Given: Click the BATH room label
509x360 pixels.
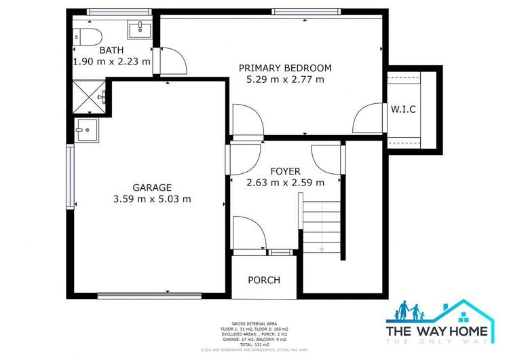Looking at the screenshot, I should point(111,50).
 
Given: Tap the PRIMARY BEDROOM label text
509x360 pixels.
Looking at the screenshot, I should point(285,68).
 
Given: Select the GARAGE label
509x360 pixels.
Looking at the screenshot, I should point(152,187).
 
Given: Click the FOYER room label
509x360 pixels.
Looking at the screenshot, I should point(285,171).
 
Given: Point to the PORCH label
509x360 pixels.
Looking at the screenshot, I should point(264,280).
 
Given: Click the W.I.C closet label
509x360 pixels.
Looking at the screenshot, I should point(402,109).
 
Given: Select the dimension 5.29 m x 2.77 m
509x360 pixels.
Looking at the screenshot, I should point(285,79).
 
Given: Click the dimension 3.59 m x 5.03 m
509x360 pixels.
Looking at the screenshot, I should point(152,199).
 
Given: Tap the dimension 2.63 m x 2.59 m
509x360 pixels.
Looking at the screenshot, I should point(285,182).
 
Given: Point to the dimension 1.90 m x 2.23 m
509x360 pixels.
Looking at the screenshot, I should point(111,61).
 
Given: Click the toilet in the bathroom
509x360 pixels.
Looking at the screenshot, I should point(87,36).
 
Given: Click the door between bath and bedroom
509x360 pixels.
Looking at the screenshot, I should point(172,60).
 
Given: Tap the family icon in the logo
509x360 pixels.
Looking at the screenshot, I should point(410,313).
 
